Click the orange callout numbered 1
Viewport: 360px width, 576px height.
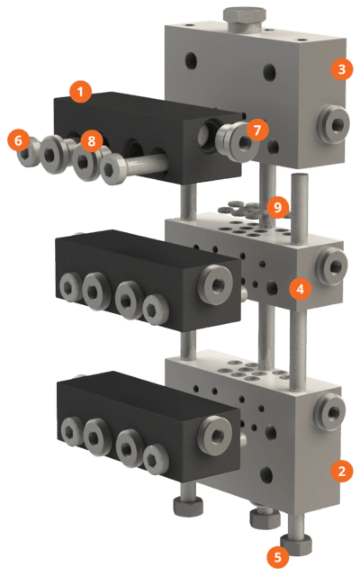point(81,91)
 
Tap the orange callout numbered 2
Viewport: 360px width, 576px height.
point(340,470)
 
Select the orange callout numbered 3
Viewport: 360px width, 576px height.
point(340,67)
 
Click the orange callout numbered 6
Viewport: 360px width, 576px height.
point(17,140)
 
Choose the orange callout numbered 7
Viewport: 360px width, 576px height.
point(258,130)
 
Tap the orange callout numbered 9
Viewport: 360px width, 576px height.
point(278,208)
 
